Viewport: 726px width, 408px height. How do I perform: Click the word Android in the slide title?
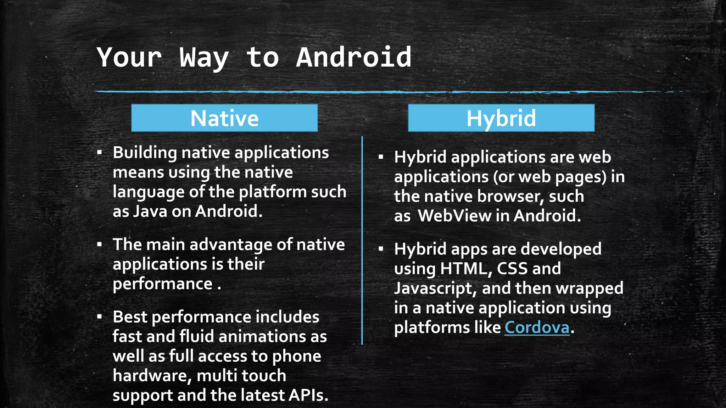click(x=353, y=57)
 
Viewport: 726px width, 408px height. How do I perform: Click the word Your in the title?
click(x=129, y=57)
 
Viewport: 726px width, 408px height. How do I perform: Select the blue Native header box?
click(x=224, y=118)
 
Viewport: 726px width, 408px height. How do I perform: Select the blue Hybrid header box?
click(x=501, y=118)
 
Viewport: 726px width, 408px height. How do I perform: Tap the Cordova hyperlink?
click(x=537, y=327)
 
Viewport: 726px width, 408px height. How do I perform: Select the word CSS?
click(x=512, y=269)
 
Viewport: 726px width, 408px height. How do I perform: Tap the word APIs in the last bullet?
click(x=308, y=395)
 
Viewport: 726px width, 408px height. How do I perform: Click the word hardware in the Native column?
click(x=152, y=376)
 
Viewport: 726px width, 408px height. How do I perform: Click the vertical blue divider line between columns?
click(x=362, y=241)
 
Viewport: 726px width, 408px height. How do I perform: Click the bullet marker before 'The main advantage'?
click(x=100, y=244)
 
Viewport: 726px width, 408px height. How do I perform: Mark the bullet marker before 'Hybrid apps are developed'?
click(x=381, y=249)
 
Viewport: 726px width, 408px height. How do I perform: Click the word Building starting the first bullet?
click(x=145, y=153)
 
